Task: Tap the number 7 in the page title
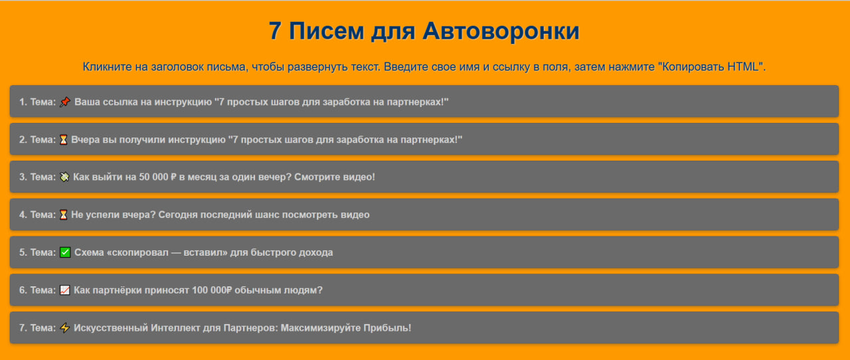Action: [x=276, y=31]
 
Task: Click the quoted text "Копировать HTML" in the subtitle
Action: [x=715, y=67]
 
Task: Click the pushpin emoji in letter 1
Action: [x=64, y=102]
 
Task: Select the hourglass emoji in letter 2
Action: [x=63, y=139]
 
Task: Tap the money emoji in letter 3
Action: [x=64, y=177]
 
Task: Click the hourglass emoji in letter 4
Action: [x=63, y=215]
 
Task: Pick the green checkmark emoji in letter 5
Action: [x=64, y=252]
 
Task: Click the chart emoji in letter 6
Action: [x=64, y=290]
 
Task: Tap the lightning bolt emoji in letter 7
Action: [x=64, y=328]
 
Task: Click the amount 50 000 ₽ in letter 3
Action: [x=157, y=177]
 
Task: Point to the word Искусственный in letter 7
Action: [x=110, y=328]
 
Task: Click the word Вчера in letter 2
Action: [x=86, y=139]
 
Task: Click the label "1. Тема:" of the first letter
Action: [x=37, y=102]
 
